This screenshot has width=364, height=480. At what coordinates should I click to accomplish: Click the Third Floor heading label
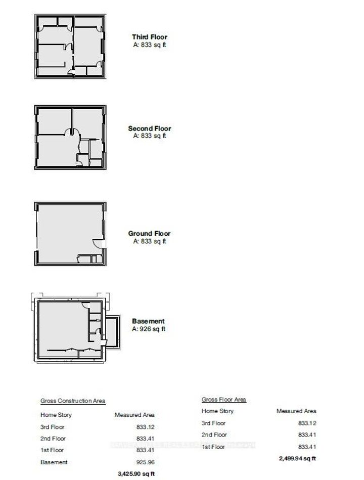pyautogui.click(x=149, y=37)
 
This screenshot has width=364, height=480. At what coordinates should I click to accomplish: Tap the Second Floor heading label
pyautogui.click(x=149, y=128)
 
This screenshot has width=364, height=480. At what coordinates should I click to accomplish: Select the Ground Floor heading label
pyautogui.click(x=149, y=233)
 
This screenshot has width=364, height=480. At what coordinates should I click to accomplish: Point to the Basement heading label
pyautogui.click(x=148, y=321)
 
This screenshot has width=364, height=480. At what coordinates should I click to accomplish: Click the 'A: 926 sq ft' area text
pyautogui.click(x=149, y=329)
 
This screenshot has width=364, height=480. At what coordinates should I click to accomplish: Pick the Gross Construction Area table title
pyautogui.click(x=73, y=401)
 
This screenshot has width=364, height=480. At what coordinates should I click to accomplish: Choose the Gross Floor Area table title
pyautogui.click(x=223, y=400)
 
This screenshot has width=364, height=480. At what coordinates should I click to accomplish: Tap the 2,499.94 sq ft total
pyautogui.click(x=298, y=458)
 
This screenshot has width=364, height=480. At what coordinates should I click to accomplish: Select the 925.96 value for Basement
pyautogui.click(x=145, y=462)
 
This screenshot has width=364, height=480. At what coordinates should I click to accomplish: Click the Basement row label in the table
pyautogui.click(x=54, y=462)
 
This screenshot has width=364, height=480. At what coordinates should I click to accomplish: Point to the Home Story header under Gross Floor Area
pyautogui.click(x=217, y=411)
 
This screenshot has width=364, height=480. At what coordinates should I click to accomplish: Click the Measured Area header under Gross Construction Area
pyautogui.click(x=134, y=415)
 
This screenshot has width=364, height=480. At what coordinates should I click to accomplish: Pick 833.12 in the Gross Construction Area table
pyautogui.click(x=145, y=427)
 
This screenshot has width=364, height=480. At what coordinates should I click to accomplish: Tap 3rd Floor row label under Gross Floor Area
pyautogui.click(x=213, y=423)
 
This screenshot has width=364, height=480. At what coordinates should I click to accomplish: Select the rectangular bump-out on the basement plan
pyautogui.click(x=112, y=332)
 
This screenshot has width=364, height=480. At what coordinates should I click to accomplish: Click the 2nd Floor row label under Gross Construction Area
pyautogui.click(x=53, y=439)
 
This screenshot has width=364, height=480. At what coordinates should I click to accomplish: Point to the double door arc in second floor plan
pyautogui.click(x=72, y=132)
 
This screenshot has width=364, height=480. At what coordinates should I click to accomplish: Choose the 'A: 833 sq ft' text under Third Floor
pyautogui.click(x=149, y=45)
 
